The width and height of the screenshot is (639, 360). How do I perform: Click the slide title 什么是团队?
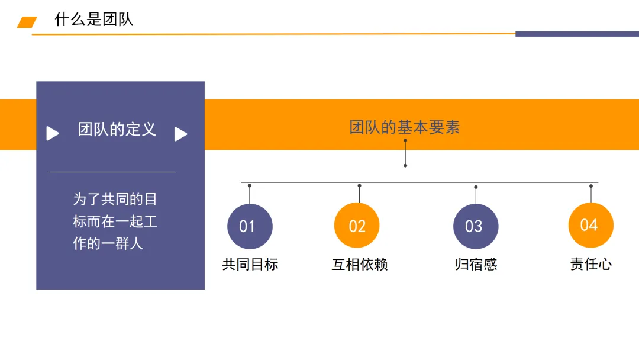pyautogui.click(x=94, y=20)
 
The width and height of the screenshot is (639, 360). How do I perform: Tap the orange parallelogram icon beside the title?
pyautogui.click(x=27, y=22)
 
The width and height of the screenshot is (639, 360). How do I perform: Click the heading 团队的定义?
pyautogui.click(x=117, y=130)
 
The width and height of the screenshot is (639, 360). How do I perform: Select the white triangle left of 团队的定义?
pyautogui.click(x=53, y=134)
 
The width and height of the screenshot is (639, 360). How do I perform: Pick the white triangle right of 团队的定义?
pyautogui.click(x=180, y=134)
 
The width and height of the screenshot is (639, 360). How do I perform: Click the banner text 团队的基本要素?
pyautogui.click(x=405, y=127)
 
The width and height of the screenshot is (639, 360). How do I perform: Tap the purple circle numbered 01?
pyautogui.click(x=250, y=226)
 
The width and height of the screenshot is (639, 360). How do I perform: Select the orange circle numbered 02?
pyautogui.click(x=357, y=226)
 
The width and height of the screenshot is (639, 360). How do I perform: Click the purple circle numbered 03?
pyautogui.click(x=476, y=226)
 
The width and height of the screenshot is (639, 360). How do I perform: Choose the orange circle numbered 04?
pyautogui.click(x=590, y=225)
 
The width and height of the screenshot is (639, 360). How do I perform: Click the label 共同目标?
pyautogui.click(x=250, y=265)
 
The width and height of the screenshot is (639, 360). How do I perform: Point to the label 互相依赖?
pyautogui.click(x=360, y=265)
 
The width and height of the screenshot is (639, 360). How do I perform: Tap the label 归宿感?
pyautogui.click(x=476, y=265)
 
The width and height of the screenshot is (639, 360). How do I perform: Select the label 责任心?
pyautogui.click(x=590, y=265)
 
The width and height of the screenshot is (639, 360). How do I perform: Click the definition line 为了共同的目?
pyautogui.click(x=115, y=200)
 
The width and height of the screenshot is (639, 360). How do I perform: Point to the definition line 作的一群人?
pyautogui.click(x=108, y=243)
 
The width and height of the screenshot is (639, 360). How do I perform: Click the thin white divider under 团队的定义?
pyautogui.click(x=112, y=172)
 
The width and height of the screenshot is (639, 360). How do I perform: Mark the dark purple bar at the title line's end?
pyautogui.click(x=577, y=34)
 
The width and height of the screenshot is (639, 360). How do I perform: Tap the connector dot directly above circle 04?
pyautogui.click(x=590, y=186)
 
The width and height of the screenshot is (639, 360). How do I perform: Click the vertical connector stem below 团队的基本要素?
pyautogui.click(x=405, y=154)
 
